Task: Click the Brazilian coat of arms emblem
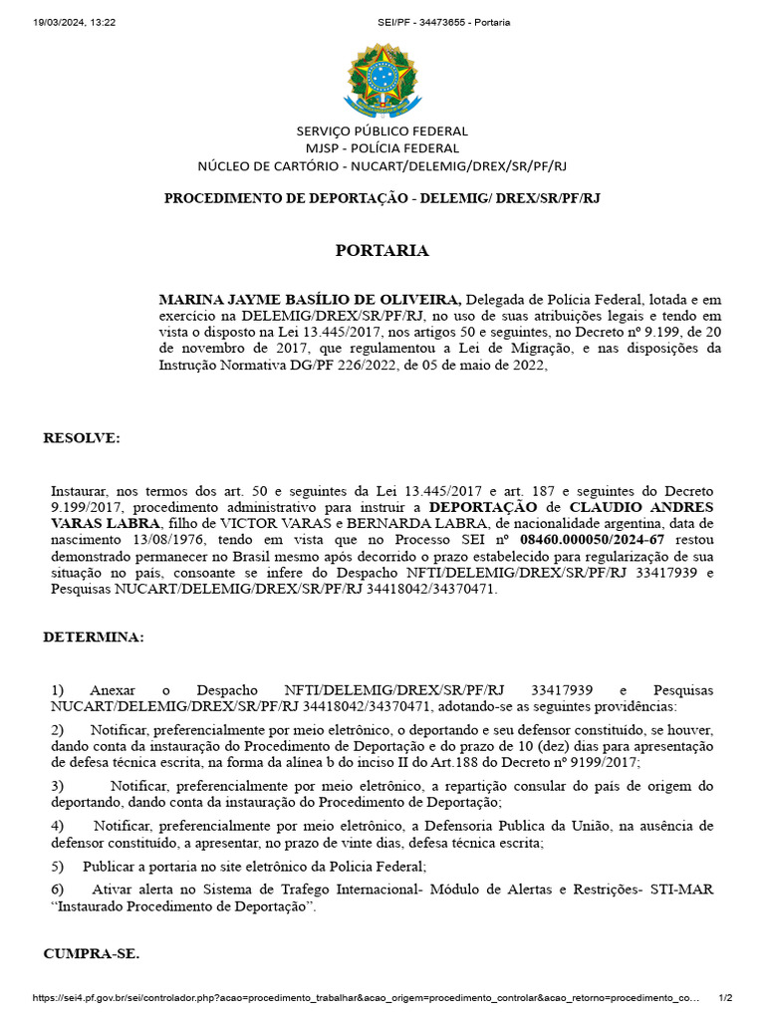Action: tap(382, 78)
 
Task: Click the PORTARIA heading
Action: tap(382, 251)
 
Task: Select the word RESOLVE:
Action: tap(82, 438)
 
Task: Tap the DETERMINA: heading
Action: tap(94, 637)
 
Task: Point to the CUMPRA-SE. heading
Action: tap(92, 953)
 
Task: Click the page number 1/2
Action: tap(725, 998)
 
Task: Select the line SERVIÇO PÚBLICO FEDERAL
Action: tap(382, 130)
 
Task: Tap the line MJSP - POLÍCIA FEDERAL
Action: tap(382, 148)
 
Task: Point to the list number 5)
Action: tap(57, 866)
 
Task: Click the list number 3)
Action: tap(57, 786)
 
